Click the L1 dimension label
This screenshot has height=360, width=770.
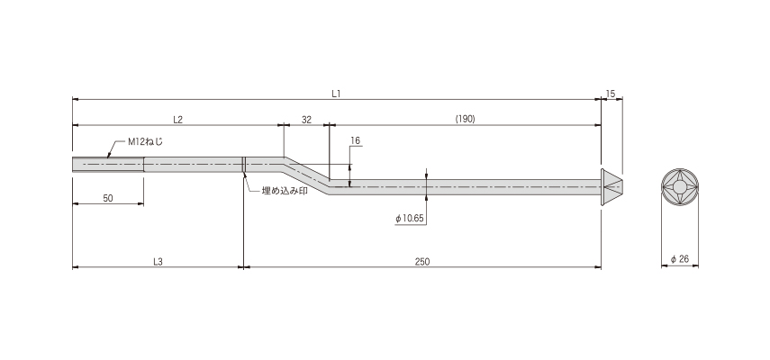(336, 94)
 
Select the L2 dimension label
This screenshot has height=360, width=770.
(177, 119)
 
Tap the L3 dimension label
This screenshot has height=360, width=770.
(158, 261)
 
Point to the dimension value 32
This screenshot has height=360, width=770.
(306, 119)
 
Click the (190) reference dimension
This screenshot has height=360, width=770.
(465, 119)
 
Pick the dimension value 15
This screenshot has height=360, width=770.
(611, 94)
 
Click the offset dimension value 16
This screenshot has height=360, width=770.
(356, 140)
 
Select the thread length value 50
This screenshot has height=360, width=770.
(108, 198)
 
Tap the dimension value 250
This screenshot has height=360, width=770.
(421, 261)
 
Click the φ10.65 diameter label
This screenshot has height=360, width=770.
(410, 219)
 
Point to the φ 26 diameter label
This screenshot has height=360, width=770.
(680, 259)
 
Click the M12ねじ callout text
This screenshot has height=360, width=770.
(145, 141)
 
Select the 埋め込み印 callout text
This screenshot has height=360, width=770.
(285, 191)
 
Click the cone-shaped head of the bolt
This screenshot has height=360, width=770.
(611, 187)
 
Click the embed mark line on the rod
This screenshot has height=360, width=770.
(243, 165)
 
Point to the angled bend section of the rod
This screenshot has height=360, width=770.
(306, 175)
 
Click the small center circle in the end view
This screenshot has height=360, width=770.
(680, 187)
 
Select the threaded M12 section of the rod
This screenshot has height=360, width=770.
(108, 165)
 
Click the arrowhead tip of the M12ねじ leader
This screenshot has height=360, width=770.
(107, 157)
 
